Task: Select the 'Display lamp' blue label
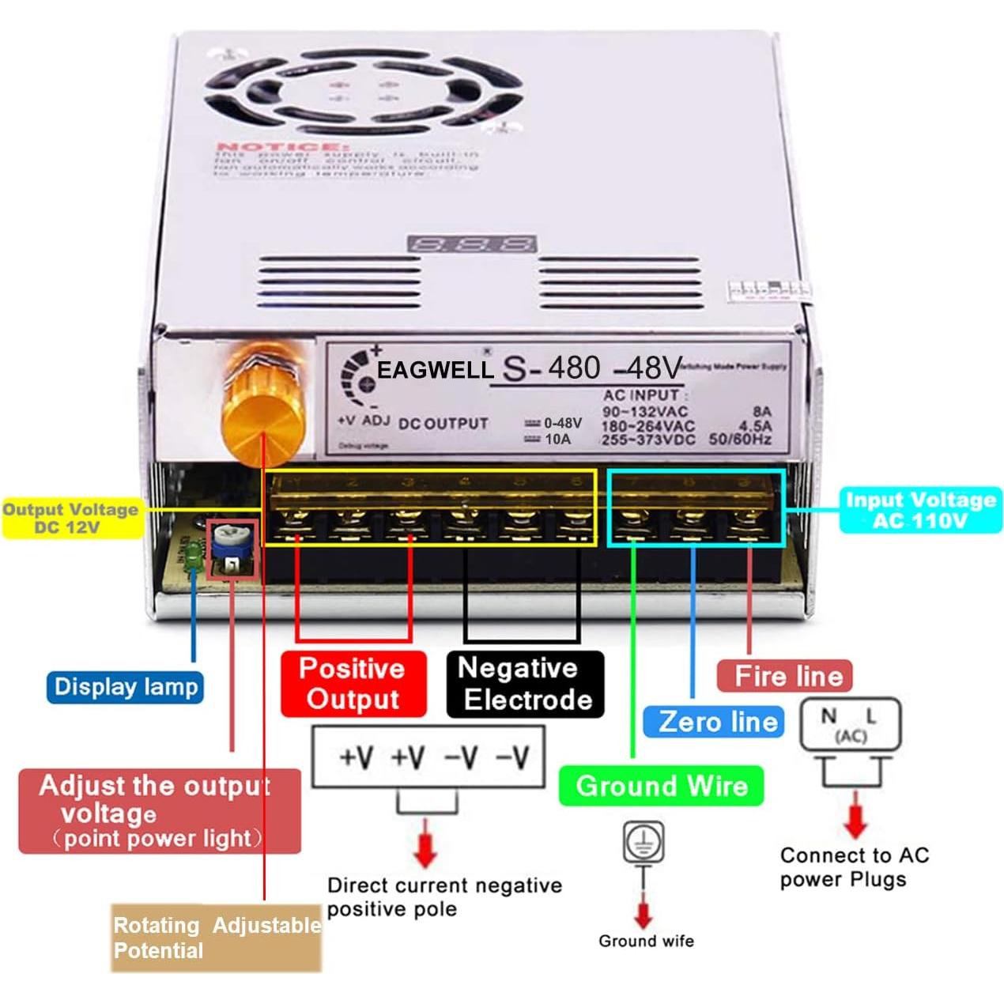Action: pyautogui.click(x=126, y=686)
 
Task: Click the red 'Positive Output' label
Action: pyautogui.click(x=353, y=684)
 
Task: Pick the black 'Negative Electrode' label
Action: pyautogui.click(x=525, y=684)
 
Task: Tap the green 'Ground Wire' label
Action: pyautogui.click(x=661, y=786)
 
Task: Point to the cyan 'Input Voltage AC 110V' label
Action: pyautogui.click(x=920, y=510)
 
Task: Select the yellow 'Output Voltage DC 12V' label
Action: pyautogui.click(x=71, y=519)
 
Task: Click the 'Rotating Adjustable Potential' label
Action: pyautogui.click(x=216, y=938)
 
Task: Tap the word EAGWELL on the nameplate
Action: pyautogui.click(x=435, y=370)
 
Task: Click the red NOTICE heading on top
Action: pyautogui.click(x=281, y=148)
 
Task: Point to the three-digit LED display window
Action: pyautogui.click(x=472, y=243)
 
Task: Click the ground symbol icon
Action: pyautogui.click(x=643, y=841)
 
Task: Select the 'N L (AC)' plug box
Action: pyautogui.click(x=850, y=724)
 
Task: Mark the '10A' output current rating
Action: pyautogui.click(x=557, y=439)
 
